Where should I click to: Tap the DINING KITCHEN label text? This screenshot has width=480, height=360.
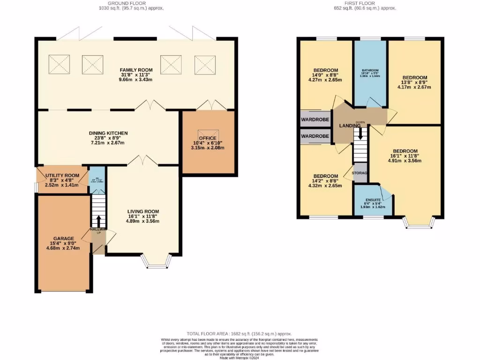108,133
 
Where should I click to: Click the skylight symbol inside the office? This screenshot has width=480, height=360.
205,134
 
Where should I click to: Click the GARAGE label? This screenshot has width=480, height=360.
63,239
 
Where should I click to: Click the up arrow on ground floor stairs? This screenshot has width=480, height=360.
98,220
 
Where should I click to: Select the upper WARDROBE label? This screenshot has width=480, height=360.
315,119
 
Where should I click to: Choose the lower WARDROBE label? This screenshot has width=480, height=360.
315,136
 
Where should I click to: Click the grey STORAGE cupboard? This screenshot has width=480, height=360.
360,173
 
